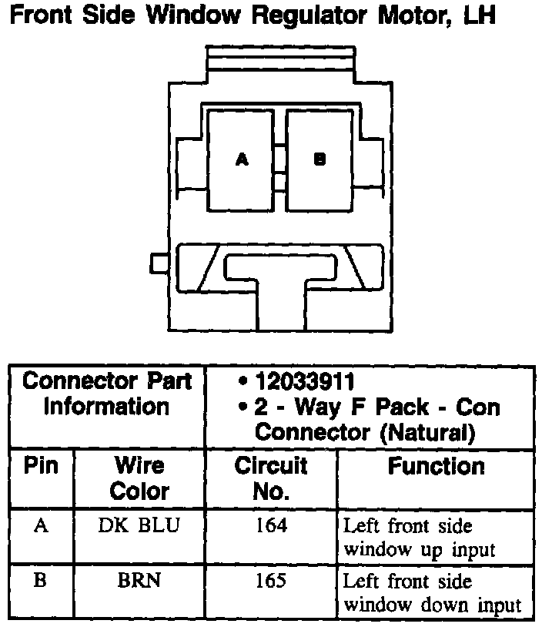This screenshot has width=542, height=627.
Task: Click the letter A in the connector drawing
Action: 242,159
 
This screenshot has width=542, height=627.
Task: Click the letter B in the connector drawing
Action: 320,159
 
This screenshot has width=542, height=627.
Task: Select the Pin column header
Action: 41,466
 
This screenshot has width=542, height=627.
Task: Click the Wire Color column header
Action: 139,478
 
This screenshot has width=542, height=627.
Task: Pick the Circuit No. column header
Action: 270,478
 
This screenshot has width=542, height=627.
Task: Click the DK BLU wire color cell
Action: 139,526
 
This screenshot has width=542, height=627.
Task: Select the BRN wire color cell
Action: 139,580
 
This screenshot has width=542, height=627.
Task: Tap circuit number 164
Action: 271,526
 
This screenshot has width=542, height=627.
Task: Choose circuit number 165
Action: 271,580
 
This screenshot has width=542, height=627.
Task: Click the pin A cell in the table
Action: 41,526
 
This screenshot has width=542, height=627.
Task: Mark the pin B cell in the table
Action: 41,580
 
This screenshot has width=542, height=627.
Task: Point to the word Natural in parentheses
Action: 428,431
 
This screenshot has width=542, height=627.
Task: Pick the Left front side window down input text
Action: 431,593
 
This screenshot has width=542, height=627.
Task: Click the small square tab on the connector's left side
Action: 159,263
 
